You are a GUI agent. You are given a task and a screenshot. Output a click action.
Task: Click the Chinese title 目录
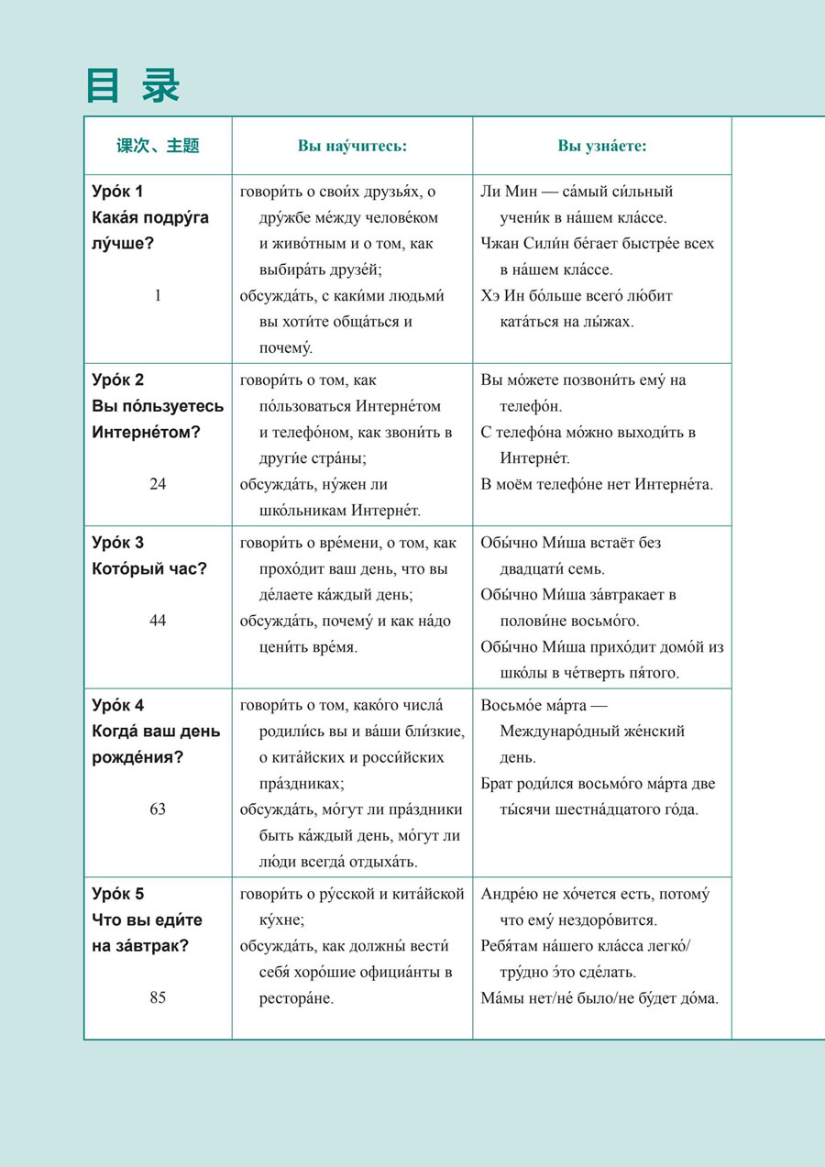click(133, 85)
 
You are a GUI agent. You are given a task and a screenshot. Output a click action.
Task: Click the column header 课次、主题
click(158, 146)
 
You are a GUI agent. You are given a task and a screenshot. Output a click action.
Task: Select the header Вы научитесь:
click(352, 146)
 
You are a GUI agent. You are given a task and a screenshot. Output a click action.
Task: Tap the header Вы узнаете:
click(602, 146)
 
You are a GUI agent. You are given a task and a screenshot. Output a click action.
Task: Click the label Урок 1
click(118, 192)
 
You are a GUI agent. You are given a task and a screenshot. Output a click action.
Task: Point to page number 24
click(158, 484)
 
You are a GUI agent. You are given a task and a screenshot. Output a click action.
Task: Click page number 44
click(158, 621)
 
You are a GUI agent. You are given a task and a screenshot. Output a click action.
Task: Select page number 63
click(158, 809)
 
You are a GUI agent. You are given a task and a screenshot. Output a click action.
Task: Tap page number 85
click(158, 997)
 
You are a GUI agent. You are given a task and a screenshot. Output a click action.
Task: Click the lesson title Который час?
click(149, 568)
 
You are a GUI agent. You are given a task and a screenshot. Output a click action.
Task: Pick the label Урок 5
click(118, 894)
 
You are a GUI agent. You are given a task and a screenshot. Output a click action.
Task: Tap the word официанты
click(399, 972)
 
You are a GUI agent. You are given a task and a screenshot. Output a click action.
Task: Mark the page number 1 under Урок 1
click(158, 295)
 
